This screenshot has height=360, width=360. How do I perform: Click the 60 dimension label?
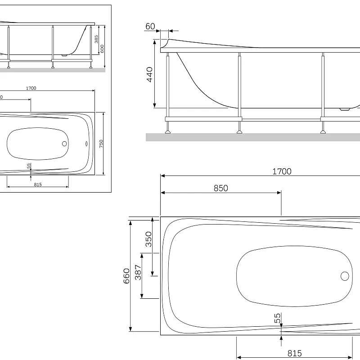150,27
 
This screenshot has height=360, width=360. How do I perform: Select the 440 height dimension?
149,74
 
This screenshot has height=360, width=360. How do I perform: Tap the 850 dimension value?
220,188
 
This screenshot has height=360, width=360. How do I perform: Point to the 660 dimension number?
126,276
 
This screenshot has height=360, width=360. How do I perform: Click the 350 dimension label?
148,239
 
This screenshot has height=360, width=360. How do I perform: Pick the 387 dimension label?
138,272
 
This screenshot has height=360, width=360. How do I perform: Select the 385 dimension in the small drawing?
96,39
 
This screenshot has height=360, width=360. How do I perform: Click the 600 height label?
102,49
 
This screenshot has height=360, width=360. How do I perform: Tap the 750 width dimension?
101,144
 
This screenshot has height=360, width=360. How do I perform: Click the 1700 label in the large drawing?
282,171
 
